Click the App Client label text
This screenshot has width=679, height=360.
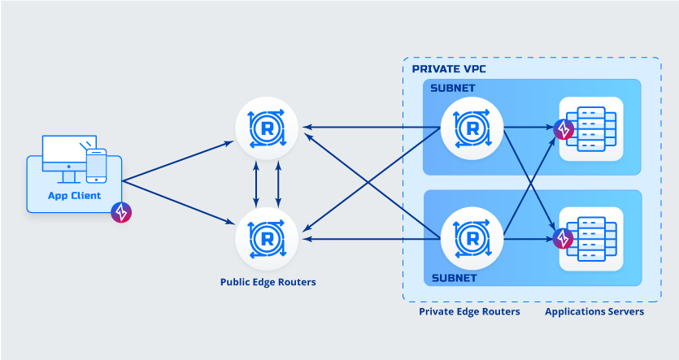[x=74, y=195]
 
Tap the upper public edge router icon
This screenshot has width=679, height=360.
[x=267, y=128]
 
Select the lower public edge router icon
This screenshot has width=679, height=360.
[x=267, y=237]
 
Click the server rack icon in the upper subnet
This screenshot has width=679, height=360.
[x=591, y=128]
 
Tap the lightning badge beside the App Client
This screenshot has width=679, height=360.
[x=121, y=213]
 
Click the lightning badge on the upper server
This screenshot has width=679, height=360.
[x=563, y=128]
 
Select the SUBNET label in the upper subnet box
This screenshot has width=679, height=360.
[x=453, y=88]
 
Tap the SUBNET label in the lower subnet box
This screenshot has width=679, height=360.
[x=453, y=277]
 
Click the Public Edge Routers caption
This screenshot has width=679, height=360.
[x=268, y=283]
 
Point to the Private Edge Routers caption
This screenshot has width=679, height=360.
[x=469, y=311]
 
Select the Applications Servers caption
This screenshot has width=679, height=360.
[x=594, y=311]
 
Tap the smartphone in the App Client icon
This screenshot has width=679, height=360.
[x=96, y=165]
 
